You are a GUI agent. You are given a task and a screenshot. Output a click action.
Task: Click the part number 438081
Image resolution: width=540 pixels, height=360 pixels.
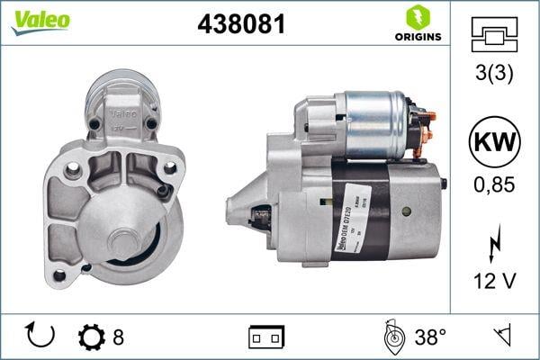pyautogui.click(x=240, y=24)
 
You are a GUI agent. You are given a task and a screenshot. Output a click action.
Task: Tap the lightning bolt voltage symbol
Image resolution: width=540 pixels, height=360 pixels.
pyautogui.click(x=495, y=246)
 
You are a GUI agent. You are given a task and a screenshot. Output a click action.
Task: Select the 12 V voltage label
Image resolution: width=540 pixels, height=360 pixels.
pyautogui.click(x=495, y=281)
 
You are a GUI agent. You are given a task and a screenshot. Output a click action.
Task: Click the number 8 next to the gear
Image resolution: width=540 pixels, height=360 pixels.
pyautogui.click(x=118, y=337)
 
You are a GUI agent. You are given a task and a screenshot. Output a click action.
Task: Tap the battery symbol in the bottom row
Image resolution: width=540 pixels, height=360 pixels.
pyautogui.click(x=266, y=337)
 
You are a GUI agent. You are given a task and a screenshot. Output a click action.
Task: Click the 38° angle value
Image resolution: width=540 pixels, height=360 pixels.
pyautogui.click(x=430, y=337)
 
